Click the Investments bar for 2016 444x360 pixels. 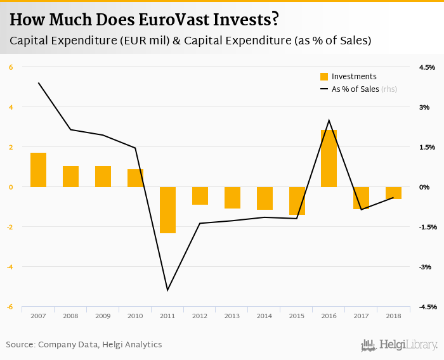tap(329, 158)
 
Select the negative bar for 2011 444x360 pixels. tap(167, 210)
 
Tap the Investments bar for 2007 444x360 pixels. tap(38, 170)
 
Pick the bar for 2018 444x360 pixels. tap(393, 193)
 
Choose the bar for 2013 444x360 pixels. tap(232, 198)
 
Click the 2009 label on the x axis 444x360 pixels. tap(103, 315)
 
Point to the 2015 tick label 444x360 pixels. tap(296, 315)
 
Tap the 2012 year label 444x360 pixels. tap(200, 315)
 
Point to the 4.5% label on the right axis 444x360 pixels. tap(426, 67)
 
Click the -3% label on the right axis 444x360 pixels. tap(426, 267)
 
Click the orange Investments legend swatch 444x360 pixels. tap(324, 77)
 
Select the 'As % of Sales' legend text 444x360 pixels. tap(355, 89)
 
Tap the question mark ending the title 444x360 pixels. tap(275, 19)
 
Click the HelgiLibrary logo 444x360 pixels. tap(399, 345)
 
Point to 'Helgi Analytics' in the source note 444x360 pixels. tap(132, 345)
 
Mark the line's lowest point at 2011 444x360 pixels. tap(167, 290)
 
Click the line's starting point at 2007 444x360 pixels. tap(38, 82)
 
